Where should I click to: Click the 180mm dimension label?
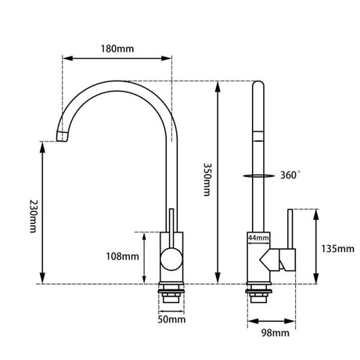point(118,48)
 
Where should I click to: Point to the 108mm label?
point(124,256)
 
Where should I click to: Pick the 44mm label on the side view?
point(258,237)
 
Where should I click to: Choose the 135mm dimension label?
point(337,248)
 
